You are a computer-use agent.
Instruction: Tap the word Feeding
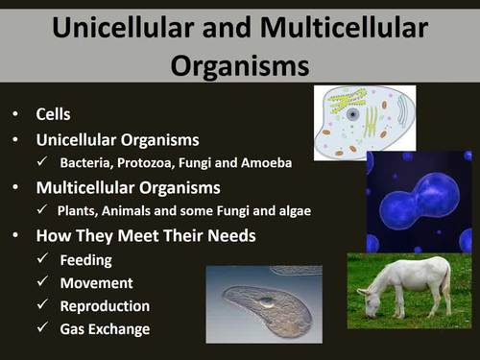coord(86,259)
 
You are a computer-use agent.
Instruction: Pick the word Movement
coord(96,283)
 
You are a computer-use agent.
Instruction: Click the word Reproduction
coord(105,306)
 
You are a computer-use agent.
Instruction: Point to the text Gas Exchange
coord(105,329)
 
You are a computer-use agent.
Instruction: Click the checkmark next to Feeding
coord(42,259)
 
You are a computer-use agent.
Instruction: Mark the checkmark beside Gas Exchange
coord(42,329)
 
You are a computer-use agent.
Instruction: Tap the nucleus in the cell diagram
coord(354,115)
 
